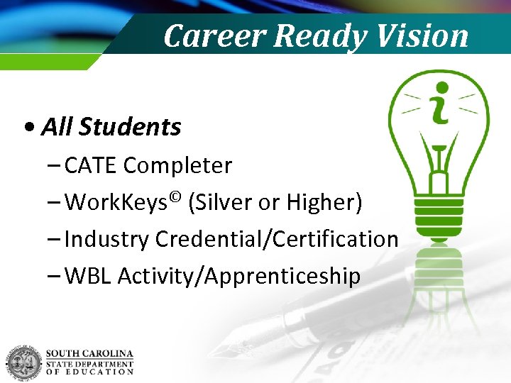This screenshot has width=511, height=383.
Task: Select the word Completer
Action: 177,166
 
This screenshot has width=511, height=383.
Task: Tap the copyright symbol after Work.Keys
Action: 175,196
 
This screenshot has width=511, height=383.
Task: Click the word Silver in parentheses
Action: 224,203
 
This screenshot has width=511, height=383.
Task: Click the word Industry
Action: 107,240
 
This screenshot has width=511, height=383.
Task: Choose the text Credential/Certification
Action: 276,240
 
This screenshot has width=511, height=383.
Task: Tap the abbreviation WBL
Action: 88,277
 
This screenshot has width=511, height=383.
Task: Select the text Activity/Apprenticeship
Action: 239,277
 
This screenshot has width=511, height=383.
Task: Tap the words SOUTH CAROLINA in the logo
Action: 89,354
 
